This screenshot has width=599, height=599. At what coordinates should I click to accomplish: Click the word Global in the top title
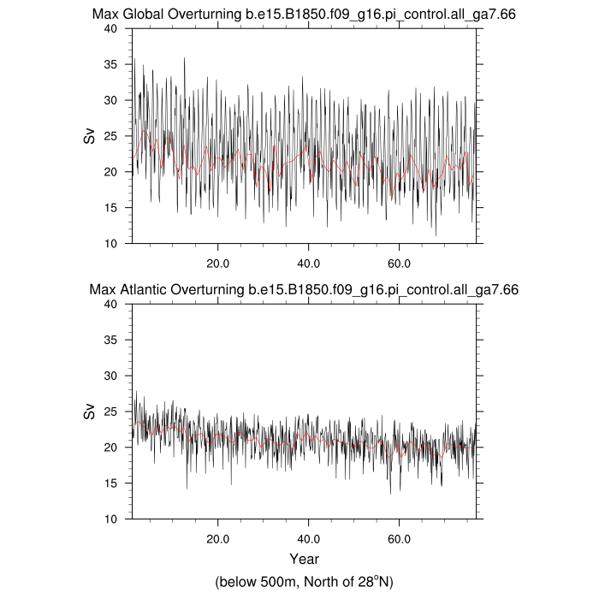(x=143, y=15)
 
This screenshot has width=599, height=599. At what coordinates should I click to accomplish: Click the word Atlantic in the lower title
(x=143, y=289)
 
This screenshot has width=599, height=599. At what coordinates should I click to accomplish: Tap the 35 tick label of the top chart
(x=110, y=64)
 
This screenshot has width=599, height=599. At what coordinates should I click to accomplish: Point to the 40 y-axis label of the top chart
(x=110, y=28)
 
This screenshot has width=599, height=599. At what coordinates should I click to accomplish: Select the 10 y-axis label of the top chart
(x=110, y=243)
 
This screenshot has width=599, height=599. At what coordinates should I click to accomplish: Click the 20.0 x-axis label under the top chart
(x=217, y=264)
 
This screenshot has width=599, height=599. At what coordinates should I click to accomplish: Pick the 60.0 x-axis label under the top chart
(x=399, y=264)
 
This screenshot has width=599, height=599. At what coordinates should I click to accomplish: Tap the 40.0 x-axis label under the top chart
(x=308, y=264)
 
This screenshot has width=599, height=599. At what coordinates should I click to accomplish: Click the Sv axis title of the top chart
(x=89, y=135)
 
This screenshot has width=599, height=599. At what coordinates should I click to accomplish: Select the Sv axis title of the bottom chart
(x=89, y=412)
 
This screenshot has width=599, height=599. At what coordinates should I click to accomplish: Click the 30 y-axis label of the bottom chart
(x=110, y=376)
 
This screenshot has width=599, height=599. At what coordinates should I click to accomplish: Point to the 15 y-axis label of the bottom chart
(x=110, y=483)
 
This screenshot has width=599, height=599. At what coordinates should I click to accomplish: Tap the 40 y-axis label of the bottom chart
(x=110, y=304)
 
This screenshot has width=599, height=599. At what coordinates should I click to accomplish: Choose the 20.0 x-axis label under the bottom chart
(x=217, y=539)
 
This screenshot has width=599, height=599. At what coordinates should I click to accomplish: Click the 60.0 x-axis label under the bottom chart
(x=399, y=539)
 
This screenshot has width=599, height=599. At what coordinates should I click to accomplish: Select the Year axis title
(x=304, y=559)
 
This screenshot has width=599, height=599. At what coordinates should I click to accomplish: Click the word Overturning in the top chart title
(x=205, y=15)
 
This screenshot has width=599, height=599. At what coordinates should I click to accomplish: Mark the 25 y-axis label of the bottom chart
(x=110, y=412)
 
